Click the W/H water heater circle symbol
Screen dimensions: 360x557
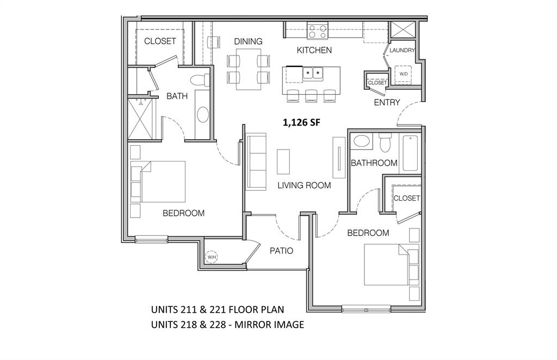[211, 257]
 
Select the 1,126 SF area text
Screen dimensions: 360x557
[301, 123]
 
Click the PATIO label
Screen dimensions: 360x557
[282, 251]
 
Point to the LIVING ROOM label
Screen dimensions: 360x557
[304, 185]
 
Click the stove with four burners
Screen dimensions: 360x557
[317, 31]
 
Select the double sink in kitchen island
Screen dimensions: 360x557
[312, 72]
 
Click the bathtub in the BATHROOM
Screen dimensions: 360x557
[410, 153]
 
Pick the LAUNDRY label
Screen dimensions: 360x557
[403, 51]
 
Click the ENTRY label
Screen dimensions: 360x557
[387, 102]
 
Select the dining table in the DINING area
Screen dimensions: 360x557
[247, 69]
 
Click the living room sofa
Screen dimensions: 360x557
[256, 161]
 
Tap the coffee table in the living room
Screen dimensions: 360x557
[283, 162]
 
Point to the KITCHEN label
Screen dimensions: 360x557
[314, 50]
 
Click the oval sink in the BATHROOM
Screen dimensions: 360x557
[361, 142]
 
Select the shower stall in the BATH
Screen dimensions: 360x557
[141, 117]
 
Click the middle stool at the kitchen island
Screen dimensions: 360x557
[311, 96]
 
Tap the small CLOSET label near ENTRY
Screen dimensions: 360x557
[377, 83]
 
